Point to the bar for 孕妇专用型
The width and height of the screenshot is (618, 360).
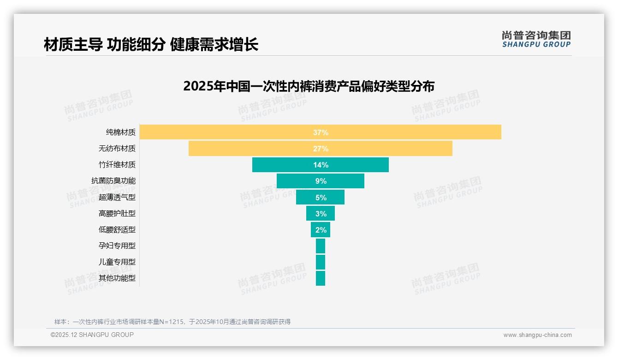[x=321, y=246]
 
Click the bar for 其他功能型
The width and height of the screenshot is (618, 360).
[x=321, y=278]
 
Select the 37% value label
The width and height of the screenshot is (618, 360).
[x=321, y=132]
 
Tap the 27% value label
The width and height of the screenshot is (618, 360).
[x=321, y=149]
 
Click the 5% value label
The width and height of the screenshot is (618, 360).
[x=321, y=198]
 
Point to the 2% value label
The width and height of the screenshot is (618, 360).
[x=321, y=230]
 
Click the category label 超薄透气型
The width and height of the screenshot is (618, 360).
[x=117, y=198]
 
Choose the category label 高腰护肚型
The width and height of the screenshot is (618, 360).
[x=117, y=214]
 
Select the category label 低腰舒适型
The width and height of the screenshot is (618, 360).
[x=117, y=230]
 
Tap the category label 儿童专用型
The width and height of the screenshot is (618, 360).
[x=117, y=262]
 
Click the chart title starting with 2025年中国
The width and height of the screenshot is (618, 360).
[x=309, y=86]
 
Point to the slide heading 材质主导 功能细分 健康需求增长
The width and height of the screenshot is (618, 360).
[x=151, y=45]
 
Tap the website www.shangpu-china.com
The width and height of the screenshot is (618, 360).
[x=537, y=335]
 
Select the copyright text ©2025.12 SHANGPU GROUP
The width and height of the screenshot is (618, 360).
[x=92, y=335]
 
